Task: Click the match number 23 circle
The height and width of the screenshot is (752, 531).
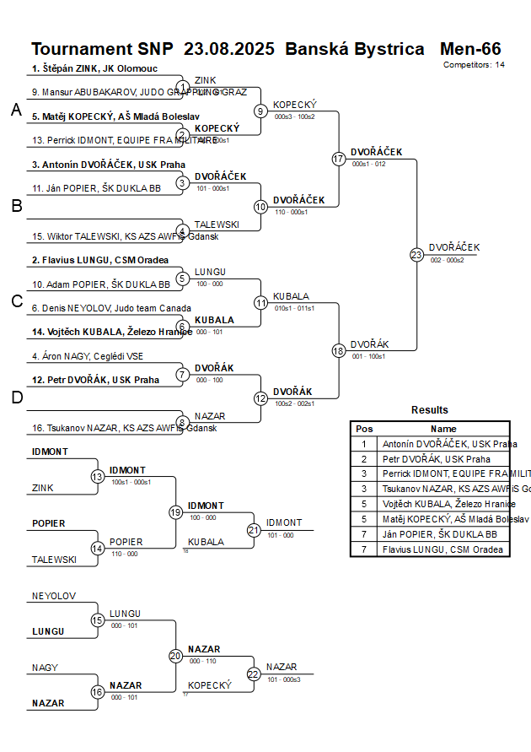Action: click(x=416, y=254)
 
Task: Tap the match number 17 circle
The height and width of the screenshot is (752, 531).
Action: click(x=339, y=159)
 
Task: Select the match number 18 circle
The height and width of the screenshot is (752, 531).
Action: click(x=339, y=350)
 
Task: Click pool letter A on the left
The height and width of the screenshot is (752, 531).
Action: click(x=16, y=110)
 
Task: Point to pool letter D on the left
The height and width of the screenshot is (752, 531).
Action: click(x=16, y=398)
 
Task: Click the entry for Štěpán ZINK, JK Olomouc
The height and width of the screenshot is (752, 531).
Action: click(x=94, y=68)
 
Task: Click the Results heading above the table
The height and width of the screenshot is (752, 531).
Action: click(x=430, y=410)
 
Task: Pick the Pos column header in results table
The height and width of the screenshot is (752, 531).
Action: click(x=364, y=429)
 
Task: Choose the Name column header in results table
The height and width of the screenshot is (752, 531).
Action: click(x=443, y=429)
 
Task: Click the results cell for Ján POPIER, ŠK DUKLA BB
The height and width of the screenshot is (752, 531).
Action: click(x=440, y=534)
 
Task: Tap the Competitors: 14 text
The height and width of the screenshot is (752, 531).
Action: click(x=474, y=64)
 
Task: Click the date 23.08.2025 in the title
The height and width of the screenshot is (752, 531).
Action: click(x=228, y=49)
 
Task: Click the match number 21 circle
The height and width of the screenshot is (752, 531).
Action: click(x=254, y=530)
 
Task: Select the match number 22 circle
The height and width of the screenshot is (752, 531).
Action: click(x=254, y=674)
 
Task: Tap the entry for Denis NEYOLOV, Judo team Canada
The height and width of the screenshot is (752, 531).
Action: click(x=111, y=308)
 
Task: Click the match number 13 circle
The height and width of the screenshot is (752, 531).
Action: click(x=97, y=477)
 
